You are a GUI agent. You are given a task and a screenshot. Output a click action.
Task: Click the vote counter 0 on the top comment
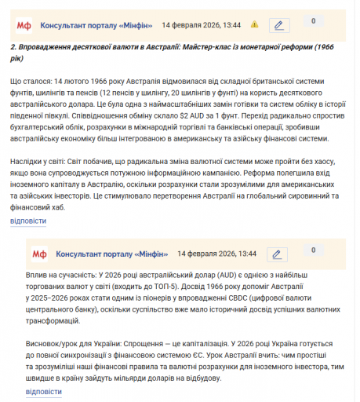tap(313, 21)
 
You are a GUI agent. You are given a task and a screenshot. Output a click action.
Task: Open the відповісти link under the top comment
tap(28, 221)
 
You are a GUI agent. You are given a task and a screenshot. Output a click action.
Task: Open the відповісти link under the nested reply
tap(44, 391)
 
